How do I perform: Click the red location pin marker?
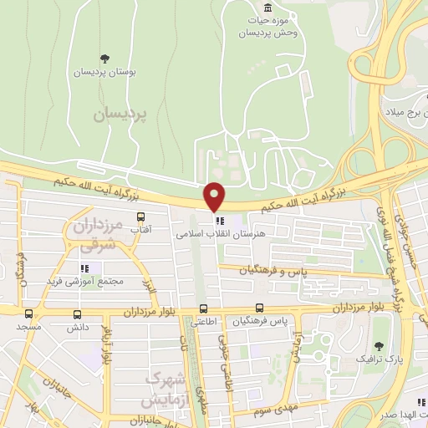[215, 196]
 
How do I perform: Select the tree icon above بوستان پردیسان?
[104, 59]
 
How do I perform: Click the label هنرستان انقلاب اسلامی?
[220, 236]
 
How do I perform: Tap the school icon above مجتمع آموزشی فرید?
[84, 268]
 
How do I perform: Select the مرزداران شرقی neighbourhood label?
[94, 237]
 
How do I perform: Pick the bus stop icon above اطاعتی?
[201, 308]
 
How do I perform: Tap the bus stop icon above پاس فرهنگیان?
[260, 308]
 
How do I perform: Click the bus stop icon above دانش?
[78, 314]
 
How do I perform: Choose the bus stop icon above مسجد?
[29, 314]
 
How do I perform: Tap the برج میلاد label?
[406, 111]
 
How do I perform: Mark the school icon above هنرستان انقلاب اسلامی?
[220, 222]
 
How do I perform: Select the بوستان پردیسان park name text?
[105, 72]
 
